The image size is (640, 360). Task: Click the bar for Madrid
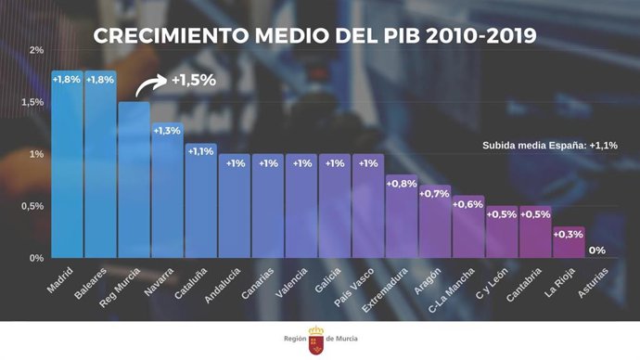pos(67,167)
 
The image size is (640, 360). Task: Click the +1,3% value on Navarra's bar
pos(167,131)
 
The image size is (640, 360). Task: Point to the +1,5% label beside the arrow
pos(193,80)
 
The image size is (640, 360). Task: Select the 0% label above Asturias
pos(597,250)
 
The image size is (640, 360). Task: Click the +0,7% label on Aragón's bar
pos(434,194)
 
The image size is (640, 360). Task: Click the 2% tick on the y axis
pos(36,50)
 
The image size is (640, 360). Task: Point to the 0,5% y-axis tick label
pos(32,206)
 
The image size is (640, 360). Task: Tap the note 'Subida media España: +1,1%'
pos(550,145)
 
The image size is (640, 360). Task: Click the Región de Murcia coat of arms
pos(316,339)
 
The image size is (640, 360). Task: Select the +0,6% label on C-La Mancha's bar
pos(467,204)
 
